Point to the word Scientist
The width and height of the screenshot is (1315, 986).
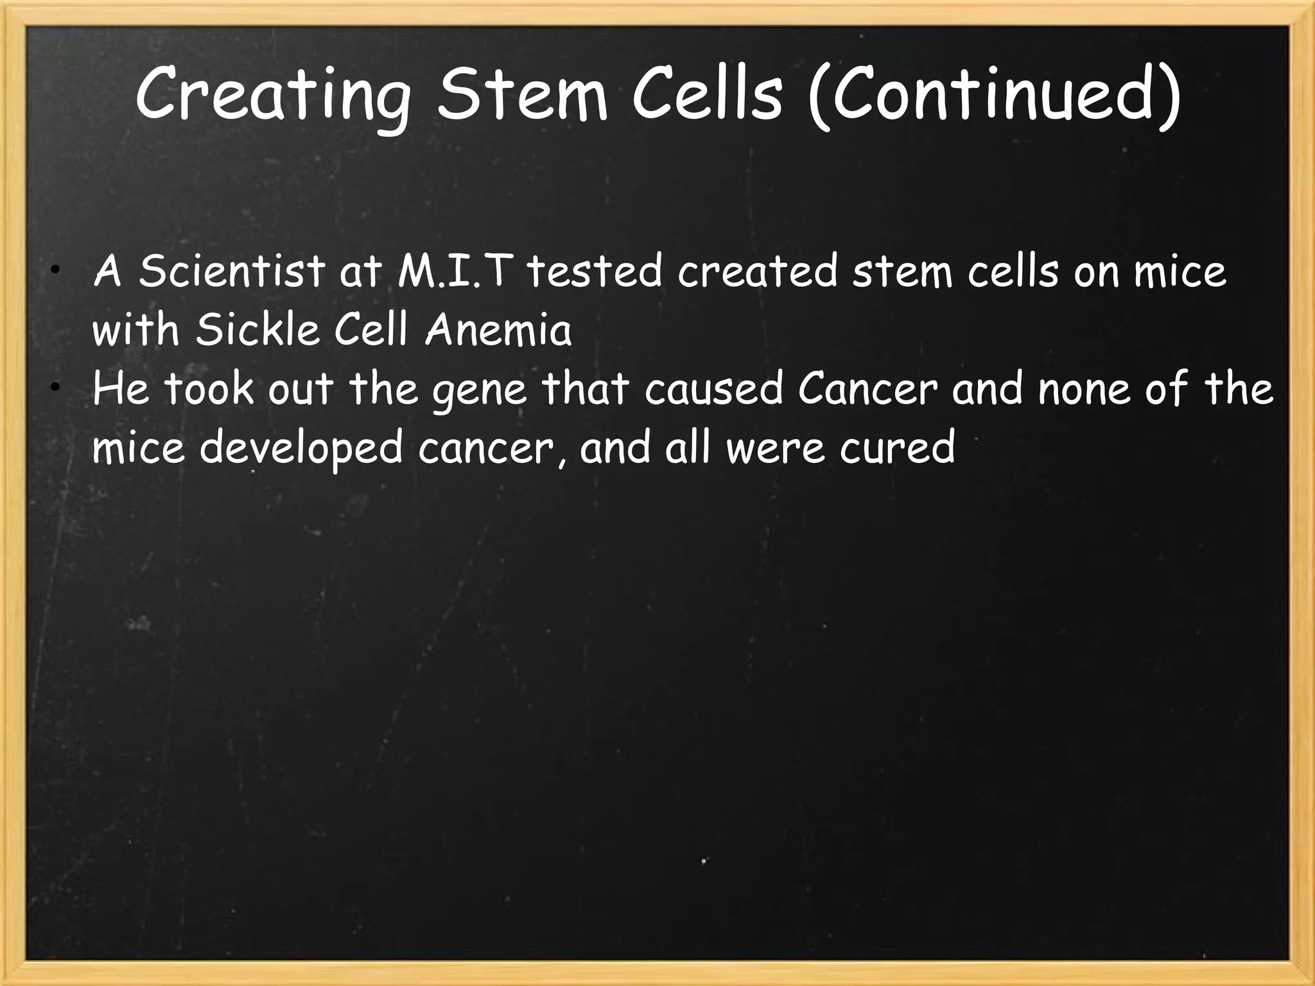tap(231, 271)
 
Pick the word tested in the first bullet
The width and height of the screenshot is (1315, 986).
tap(595, 271)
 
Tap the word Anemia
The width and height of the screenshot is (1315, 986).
tap(498, 330)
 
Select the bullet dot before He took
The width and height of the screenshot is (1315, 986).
tap(57, 386)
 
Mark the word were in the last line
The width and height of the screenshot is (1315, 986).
tap(775, 447)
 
